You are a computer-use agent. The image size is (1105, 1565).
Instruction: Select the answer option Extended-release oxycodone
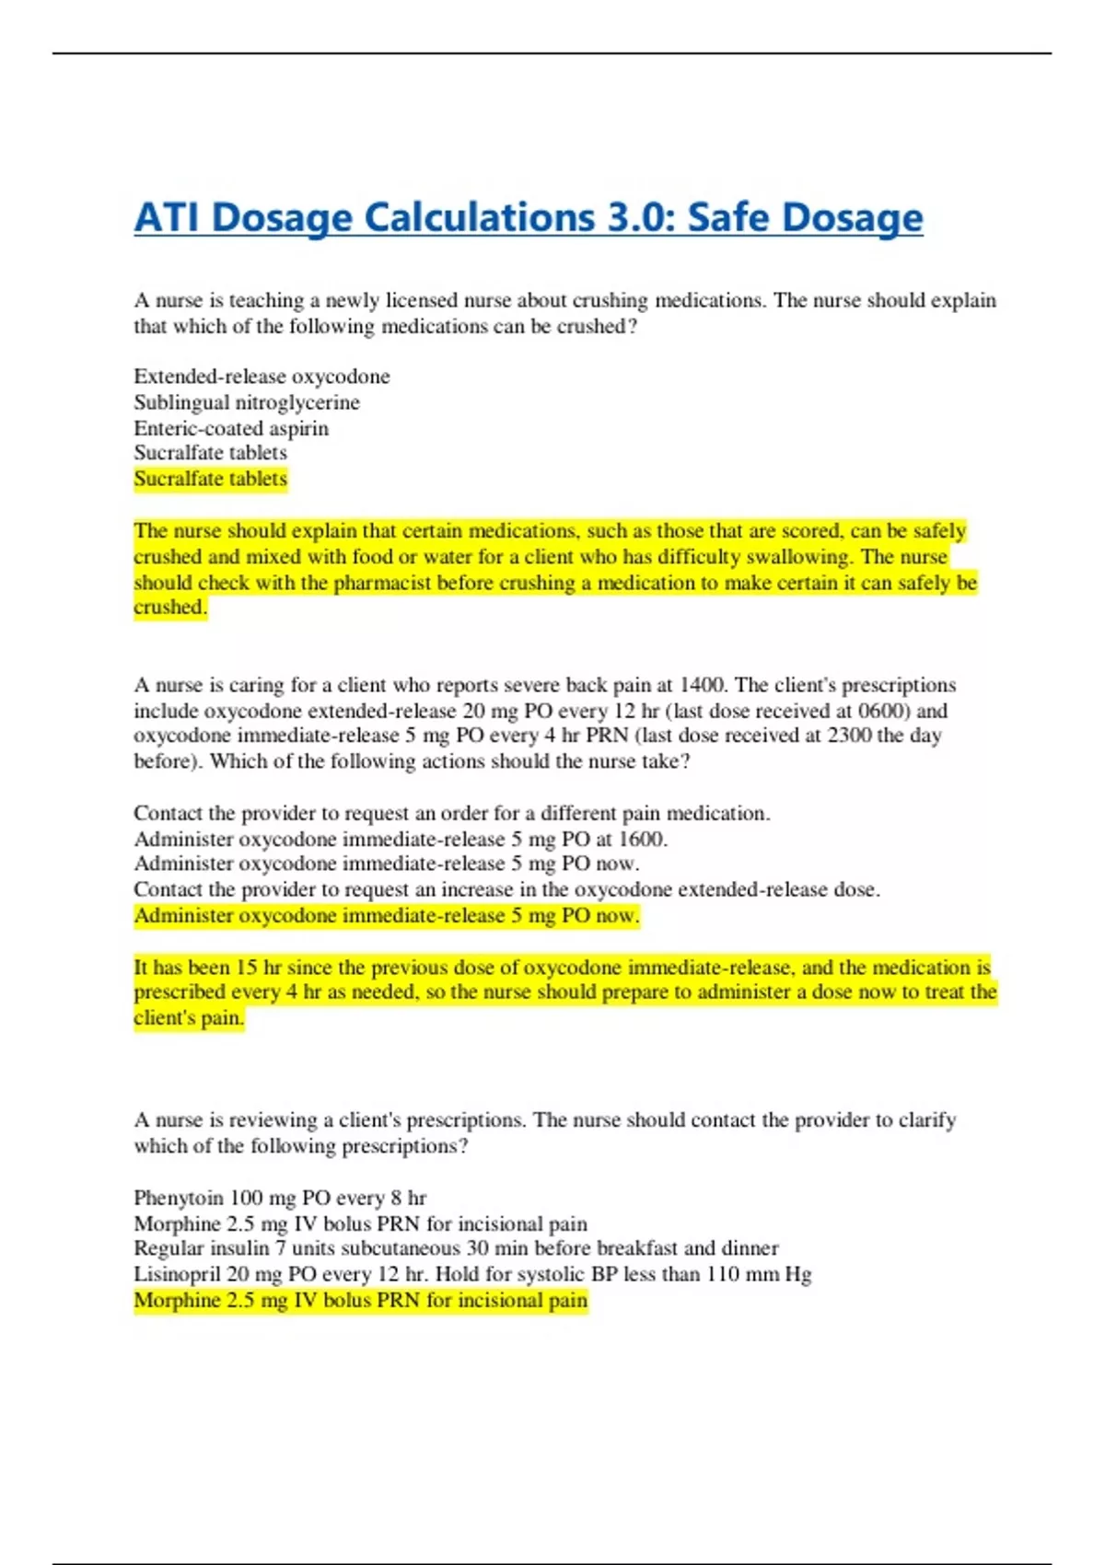coord(262,377)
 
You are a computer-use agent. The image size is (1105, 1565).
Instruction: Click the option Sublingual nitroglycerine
coord(247,402)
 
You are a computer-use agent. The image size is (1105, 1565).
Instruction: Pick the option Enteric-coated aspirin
coord(231,428)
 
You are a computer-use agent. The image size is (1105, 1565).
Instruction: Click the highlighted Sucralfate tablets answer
coord(210,479)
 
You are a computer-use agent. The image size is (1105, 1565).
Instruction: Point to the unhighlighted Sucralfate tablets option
coord(210,453)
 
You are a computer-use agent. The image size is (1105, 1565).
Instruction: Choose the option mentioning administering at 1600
coord(401,839)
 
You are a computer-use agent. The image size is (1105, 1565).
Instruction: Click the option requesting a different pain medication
coord(451,813)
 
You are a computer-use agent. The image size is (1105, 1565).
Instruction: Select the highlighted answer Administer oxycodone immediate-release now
coord(386,915)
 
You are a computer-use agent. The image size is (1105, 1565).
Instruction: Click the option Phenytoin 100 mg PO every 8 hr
coord(280,1198)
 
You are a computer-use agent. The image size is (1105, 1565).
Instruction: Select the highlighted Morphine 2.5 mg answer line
coord(360,1300)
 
